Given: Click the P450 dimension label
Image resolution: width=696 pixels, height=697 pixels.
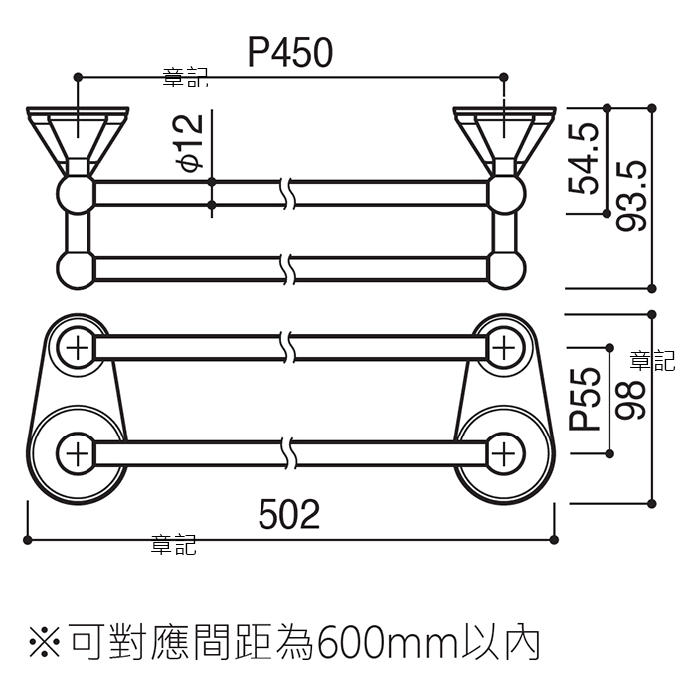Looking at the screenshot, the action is (x=289, y=53).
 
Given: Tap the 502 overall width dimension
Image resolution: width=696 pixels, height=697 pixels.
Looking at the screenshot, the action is (x=289, y=514).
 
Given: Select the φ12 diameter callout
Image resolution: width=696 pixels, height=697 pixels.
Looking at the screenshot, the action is (x=191, y=143).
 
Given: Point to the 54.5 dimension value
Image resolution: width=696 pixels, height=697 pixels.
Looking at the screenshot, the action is (x=584, y=159).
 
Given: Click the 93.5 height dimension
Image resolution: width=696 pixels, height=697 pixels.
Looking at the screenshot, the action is (x=631, y=196).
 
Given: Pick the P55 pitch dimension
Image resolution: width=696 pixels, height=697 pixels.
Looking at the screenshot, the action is (x=585, y=399).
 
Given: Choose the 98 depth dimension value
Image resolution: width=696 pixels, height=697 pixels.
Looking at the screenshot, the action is (x=630, y=399).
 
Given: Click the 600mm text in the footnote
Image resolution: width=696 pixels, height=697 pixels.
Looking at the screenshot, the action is (x=386, y=643).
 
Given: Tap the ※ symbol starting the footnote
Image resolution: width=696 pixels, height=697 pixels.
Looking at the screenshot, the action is (x=45, y=642).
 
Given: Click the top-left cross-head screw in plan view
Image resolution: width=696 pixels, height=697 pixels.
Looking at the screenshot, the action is (x=78, y=348).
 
